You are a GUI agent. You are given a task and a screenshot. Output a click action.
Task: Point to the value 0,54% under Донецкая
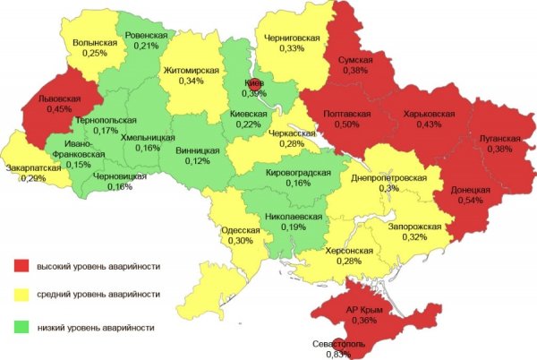[x=468, y=201]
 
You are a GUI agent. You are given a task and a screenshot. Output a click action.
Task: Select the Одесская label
[x=240, y=230]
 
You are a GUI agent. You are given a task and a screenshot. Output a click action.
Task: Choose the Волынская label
[x=94, y=43]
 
